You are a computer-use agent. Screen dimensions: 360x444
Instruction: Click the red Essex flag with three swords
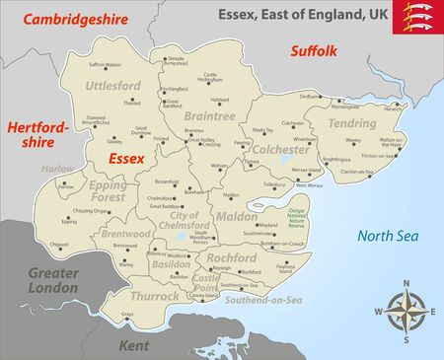tap(418, 16)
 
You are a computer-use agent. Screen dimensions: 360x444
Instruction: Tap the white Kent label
tap(133, 345)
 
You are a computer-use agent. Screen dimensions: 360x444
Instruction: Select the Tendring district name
tap(352, 124)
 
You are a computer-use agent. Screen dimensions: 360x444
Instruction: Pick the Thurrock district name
tap(154, 295)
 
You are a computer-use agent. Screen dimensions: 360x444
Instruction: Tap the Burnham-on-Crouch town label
tap(281, 243)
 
